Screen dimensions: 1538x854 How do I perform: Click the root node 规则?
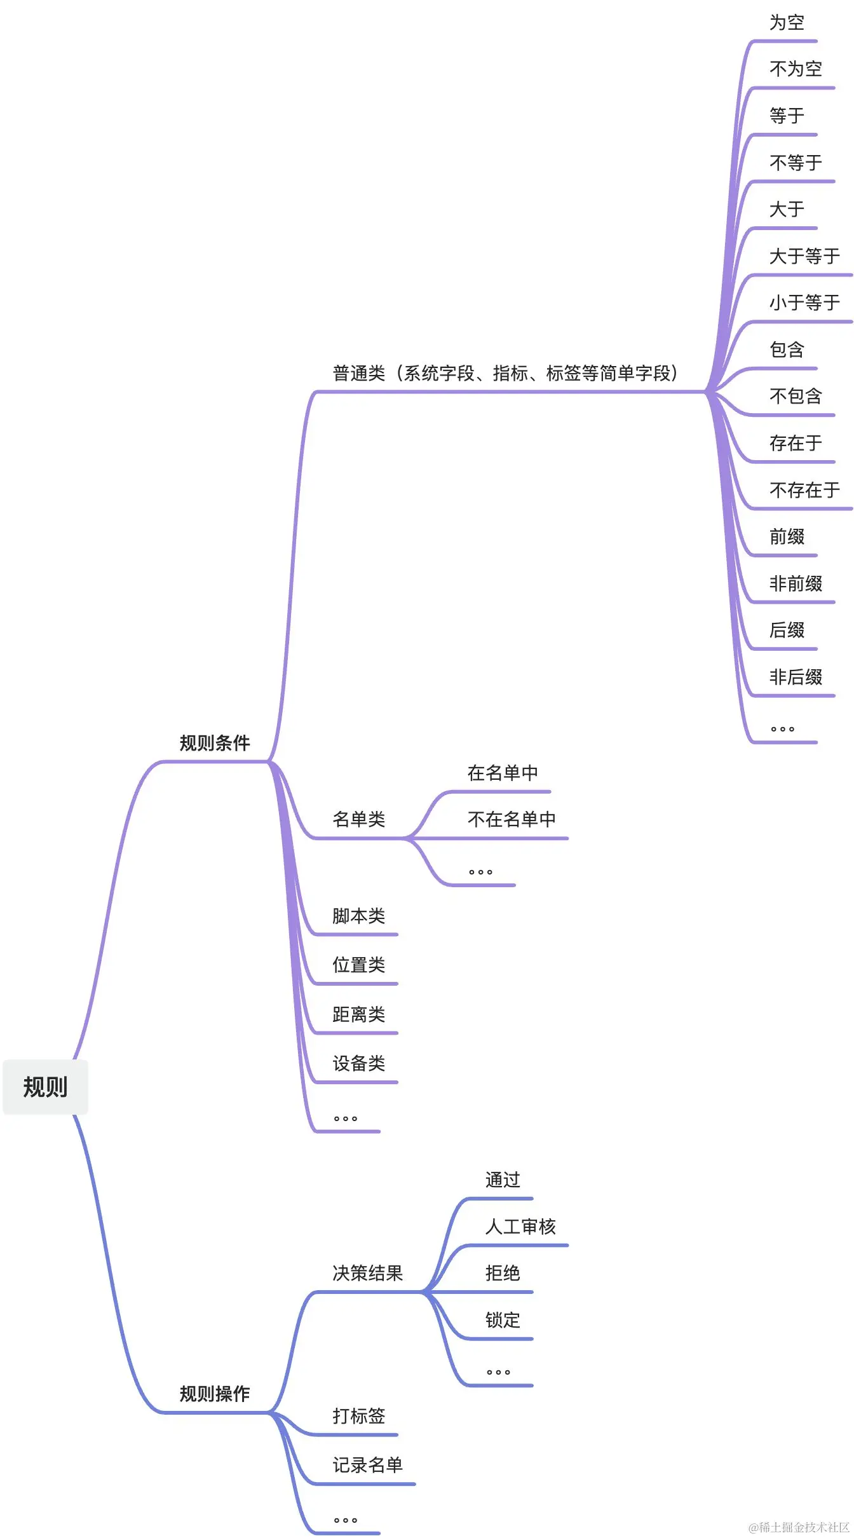[45, 1087]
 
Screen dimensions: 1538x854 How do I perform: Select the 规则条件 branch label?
[215, 743]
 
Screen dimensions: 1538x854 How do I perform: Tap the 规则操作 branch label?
[215, 1394]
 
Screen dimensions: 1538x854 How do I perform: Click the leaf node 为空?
[787, 23]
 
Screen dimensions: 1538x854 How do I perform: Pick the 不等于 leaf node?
[796, 163]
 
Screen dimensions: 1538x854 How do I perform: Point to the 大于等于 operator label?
[804, 256]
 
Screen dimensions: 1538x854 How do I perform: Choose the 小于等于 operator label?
[804, 303]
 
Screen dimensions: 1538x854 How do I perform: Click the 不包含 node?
[796, 397]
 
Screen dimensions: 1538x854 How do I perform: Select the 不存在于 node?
[804, 490]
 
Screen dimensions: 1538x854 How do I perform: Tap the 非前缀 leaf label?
[796, 583]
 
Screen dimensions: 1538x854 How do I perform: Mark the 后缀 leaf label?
[787, 630]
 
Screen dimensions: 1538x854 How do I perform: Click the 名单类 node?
[358, 819]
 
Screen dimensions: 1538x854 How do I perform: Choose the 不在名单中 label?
[512, 819]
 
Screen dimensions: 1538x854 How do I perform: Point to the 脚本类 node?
[358, 916]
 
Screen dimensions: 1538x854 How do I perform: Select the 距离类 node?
[358, 1014]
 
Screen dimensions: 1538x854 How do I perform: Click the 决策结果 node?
[367, 1273]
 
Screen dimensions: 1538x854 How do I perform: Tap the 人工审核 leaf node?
[520, 1227]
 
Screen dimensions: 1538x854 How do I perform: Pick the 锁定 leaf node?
[503, 1320]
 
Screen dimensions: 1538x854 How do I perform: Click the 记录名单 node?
[367, 1465]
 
